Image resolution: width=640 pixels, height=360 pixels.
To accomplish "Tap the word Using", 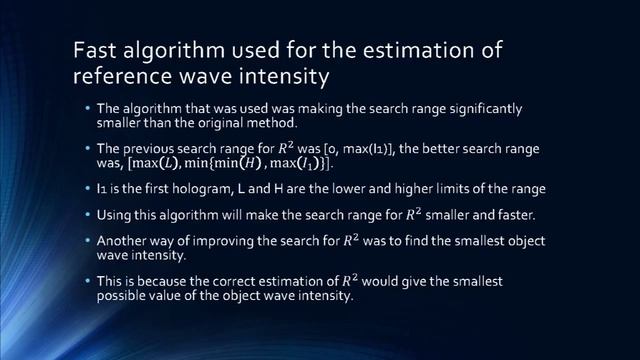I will click(x=115, y=215).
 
